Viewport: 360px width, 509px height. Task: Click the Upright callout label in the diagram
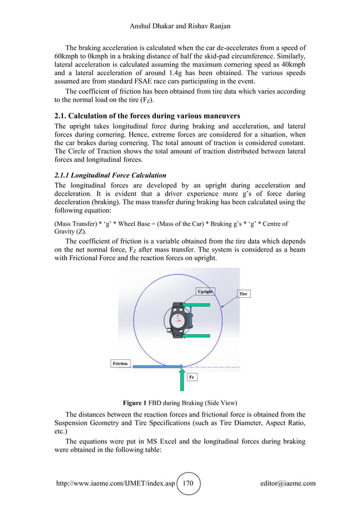click(205, 291)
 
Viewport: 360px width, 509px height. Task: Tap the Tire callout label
click(243, 294)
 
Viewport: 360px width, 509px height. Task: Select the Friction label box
click(120, 363)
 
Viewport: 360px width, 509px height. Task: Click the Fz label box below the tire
click(192, 376)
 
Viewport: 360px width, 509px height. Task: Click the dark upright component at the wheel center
click(181, 319)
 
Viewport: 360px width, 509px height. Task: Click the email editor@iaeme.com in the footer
click(288, 484)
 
